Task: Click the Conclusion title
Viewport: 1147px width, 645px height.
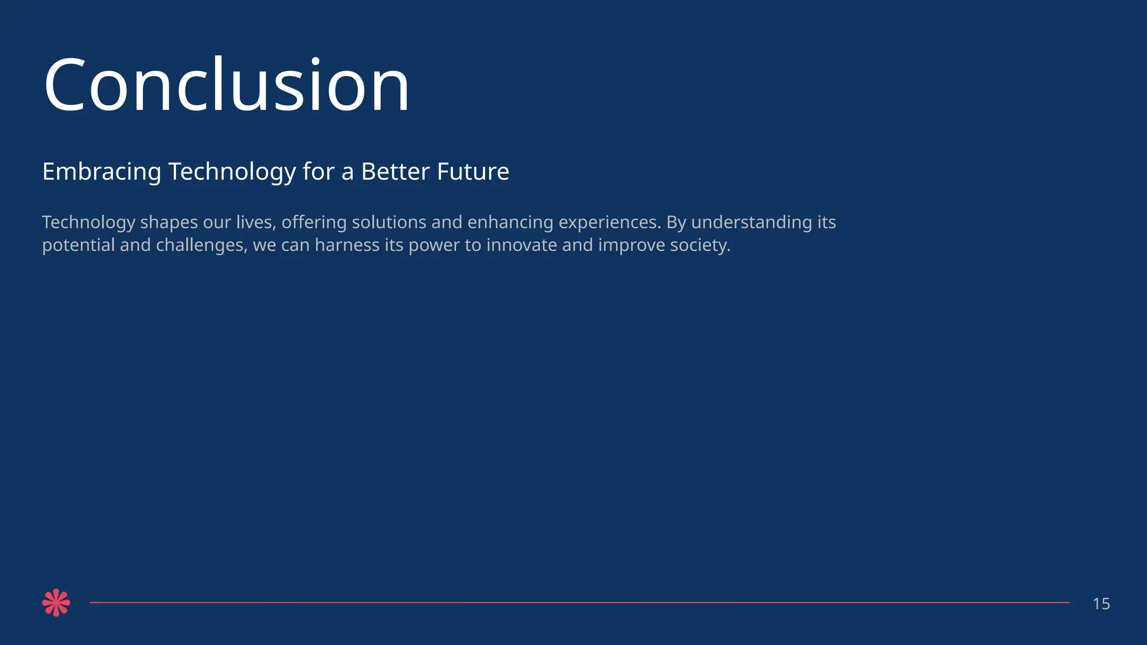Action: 227,86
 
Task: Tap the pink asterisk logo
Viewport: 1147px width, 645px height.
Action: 56,603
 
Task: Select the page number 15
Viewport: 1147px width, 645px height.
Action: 1101,604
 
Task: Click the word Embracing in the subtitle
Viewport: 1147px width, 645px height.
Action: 101,172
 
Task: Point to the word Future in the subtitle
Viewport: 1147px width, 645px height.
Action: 473,171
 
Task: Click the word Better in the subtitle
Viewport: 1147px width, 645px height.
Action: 395,171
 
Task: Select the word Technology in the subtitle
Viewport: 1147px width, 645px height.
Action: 232,172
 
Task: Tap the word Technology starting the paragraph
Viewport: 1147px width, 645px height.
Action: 88,223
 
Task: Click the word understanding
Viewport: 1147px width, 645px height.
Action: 752,223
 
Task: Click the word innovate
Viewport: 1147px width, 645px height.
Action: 521,245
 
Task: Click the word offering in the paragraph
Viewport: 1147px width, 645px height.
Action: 314,223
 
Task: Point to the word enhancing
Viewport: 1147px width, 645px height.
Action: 510,223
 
